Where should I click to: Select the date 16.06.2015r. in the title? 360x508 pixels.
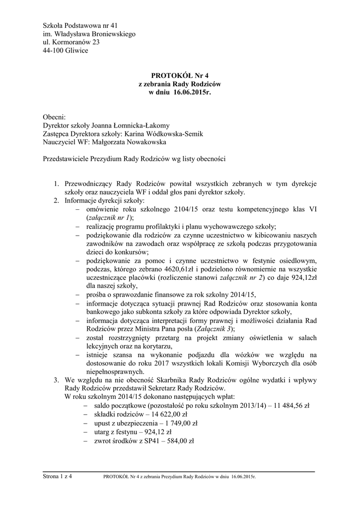tap(193, 93)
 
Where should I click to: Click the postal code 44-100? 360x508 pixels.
tap(54, 51)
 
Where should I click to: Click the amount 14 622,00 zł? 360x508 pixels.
tap(163, 414)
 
